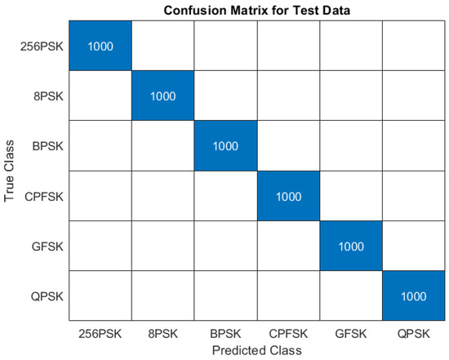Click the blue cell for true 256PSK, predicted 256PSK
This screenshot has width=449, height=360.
pos(100,47)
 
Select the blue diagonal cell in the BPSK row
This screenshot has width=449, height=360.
pos(224,146)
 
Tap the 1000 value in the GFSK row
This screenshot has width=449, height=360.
pos(349,246)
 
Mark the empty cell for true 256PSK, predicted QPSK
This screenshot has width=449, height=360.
pos(411,47)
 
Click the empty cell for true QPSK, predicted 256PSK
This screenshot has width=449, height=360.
pos(100,296)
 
